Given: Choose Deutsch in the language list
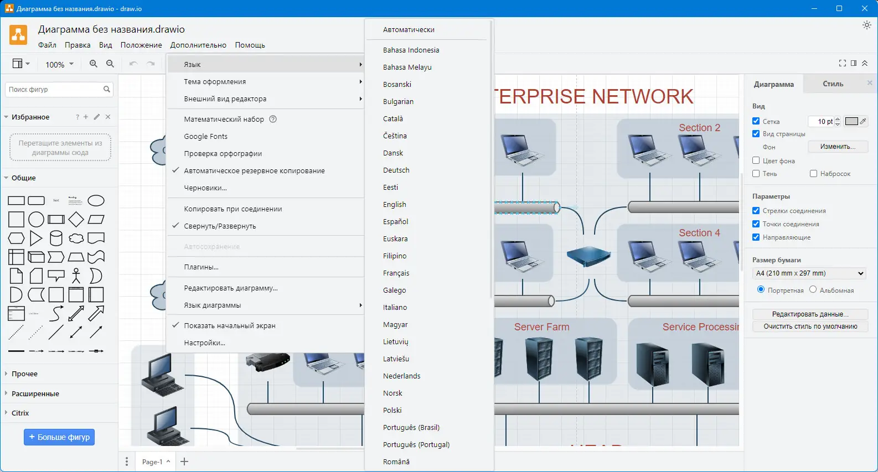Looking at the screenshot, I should (396, 170).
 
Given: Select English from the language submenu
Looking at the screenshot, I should (395, 205).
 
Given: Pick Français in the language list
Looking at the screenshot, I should (396, 273).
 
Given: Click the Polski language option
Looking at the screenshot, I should (392, 411).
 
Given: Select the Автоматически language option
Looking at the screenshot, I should (409, 30).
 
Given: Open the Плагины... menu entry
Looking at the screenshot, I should (201, 267).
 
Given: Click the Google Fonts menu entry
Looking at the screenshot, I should (205, 137).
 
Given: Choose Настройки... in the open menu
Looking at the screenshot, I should (204, 343).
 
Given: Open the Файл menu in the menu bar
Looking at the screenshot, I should (47, 45).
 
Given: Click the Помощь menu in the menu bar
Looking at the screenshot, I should (250, 45).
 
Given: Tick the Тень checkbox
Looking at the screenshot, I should (756, 174).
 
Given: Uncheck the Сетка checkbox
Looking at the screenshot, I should (756, 121).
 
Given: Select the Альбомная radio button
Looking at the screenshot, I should (813, 289).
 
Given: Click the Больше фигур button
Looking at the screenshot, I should (59, 437).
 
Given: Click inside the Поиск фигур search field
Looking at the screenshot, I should (54, 90).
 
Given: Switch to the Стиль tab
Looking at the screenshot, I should (833, 84).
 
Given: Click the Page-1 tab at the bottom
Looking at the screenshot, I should (152, 461).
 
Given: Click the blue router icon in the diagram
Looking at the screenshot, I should (588, 256).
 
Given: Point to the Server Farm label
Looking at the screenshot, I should (541, 327).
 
